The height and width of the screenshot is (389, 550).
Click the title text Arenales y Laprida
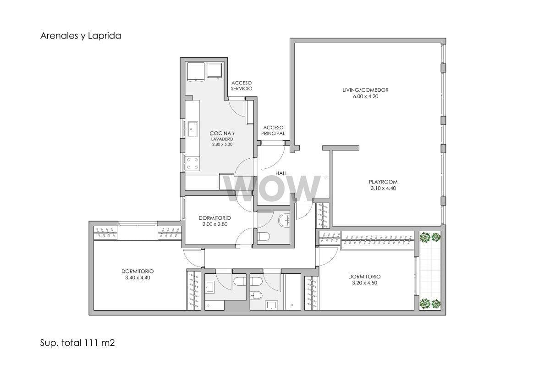pos(81,36)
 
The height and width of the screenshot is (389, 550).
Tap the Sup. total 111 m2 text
pos(77,343)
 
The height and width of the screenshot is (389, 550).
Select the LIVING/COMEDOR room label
pos(365,90)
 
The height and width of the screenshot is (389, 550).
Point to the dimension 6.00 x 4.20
pos(366,96)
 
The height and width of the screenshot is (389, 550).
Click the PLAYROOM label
pos(383,182)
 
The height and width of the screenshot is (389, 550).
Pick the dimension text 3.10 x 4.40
pos(383,188)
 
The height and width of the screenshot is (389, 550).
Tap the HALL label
pos(281,173)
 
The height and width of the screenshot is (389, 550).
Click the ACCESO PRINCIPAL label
pos(273,130)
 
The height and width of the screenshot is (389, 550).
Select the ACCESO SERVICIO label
pos(242,86)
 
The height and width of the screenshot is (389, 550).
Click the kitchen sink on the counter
pos(193,129)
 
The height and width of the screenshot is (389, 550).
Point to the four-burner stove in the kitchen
pos(192,164)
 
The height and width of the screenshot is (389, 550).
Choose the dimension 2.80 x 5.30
pos(222,144)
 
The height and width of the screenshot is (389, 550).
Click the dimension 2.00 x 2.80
pos(215,224)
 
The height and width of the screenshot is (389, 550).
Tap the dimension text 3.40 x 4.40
pos(137,278)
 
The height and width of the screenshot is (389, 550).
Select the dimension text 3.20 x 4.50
pos(365,283)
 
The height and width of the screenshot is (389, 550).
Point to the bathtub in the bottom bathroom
pos(293,292)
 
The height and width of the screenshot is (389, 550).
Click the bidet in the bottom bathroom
pos(256,296)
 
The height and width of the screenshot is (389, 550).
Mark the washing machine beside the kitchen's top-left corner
pos(196,71)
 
